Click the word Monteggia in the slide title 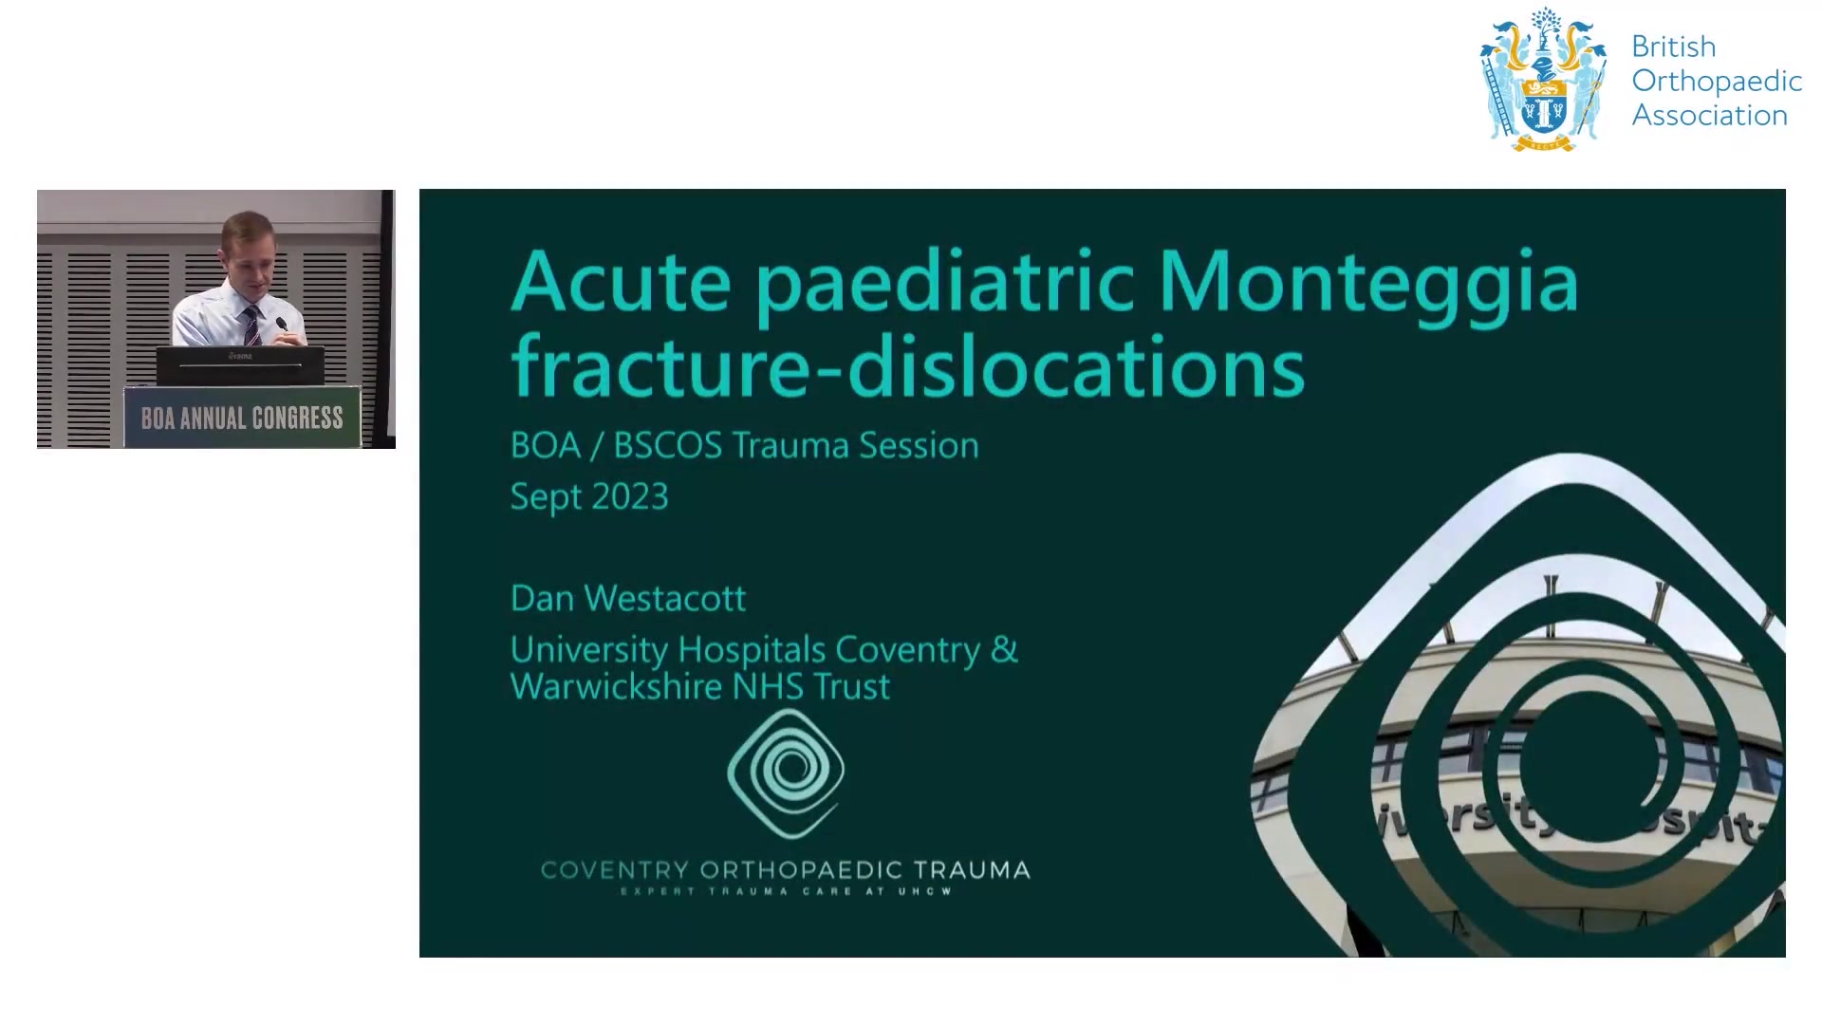tap(1368, 284)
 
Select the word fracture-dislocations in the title tap(907, 366)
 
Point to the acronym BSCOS tap(668, 446)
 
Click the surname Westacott tap(664, 598)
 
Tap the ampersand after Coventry tap(1004, 649)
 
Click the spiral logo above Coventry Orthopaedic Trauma tap(786, 773)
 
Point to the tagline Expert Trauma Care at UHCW tap(786, 892)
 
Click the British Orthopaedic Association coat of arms tap(1544, 80)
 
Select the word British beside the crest tap(1674, 47)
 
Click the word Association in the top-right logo tap(1710, 116)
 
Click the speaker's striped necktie tap(251, 325)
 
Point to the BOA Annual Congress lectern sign tap(242, 418)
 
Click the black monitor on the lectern tap(240, 365)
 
